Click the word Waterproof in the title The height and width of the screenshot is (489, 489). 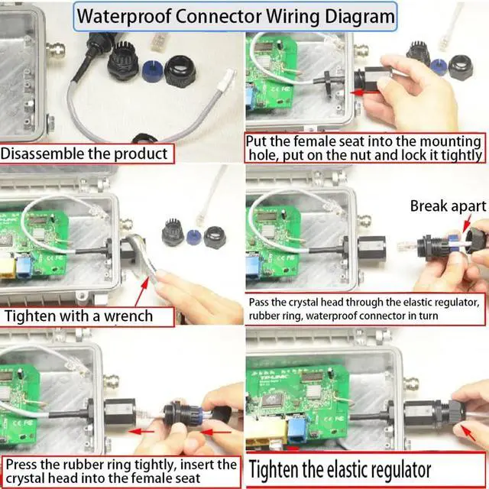tap(121, 15)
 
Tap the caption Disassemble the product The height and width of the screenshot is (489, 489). tap(84, 154)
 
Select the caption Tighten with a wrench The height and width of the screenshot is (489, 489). tap(79, 315)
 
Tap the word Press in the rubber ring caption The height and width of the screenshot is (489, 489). tap(24, 465)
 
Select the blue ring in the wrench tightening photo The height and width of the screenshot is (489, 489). tap(193, 235)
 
